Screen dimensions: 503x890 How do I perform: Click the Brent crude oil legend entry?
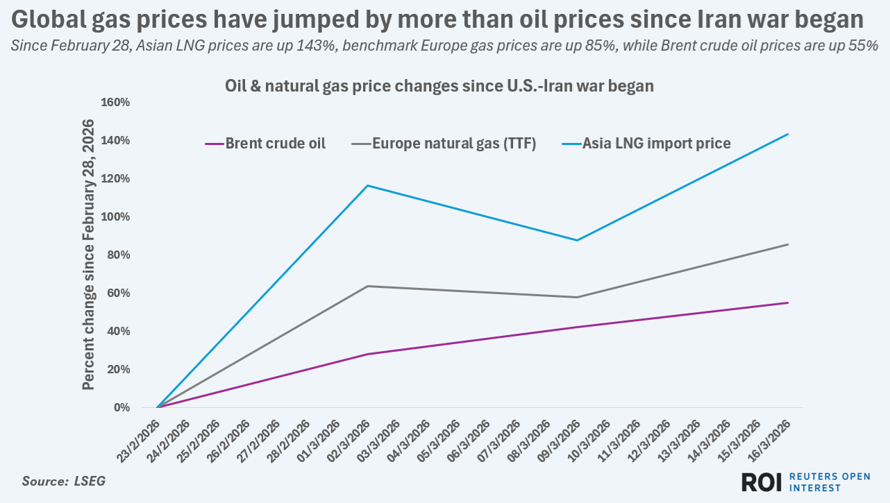pyautogui.click(x=275, y=144)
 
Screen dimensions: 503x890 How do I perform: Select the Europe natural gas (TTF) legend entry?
pyautogui.click(x=454, y=144)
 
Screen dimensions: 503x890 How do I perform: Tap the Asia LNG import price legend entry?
pyautogui.click(x=656, y=144)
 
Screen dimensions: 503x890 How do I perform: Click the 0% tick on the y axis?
pyautogui.click(x=121, y=408)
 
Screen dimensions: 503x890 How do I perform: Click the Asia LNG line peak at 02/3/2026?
pyautogui.click(x=367, y=185)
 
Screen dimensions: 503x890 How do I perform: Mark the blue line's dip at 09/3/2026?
pyautogui.click(x=577, y=240)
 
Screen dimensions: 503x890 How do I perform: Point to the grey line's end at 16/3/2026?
pyautogui.click(x=787, y=244)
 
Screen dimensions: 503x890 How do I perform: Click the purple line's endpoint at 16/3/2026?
pyautogui.click(x=787, y=302)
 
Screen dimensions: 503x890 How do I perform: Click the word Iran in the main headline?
pyautogui.click(x=719, y=19)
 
